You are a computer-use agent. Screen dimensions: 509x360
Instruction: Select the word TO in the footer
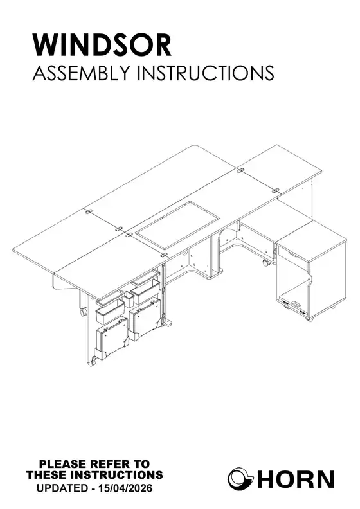(142, 463)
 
